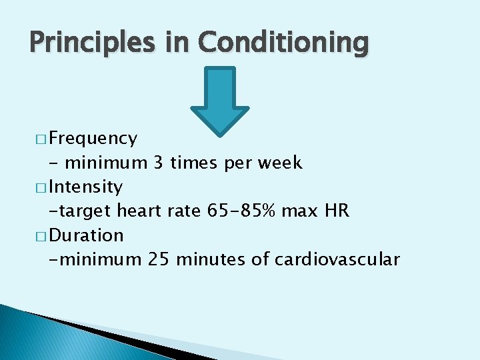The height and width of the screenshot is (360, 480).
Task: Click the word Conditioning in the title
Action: pyautogui.click(x=283, y=43)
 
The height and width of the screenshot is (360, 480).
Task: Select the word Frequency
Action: pyautogui.click(x=93, y=139)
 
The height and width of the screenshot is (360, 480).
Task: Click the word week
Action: pyautogui.click(x=279, y=163)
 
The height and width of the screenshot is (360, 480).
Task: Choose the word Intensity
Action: pyautogui.click(x=86, y=187)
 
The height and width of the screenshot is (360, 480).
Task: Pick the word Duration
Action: pyautogui.click(x=87, y=235)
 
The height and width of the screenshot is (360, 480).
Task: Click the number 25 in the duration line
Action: pyautogui.click(x=159, y=259)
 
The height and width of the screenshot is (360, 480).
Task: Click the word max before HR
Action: pyautogui.click(x=299, y=211)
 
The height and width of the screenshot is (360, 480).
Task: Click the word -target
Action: pyautogui.click(x=80, y=211)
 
